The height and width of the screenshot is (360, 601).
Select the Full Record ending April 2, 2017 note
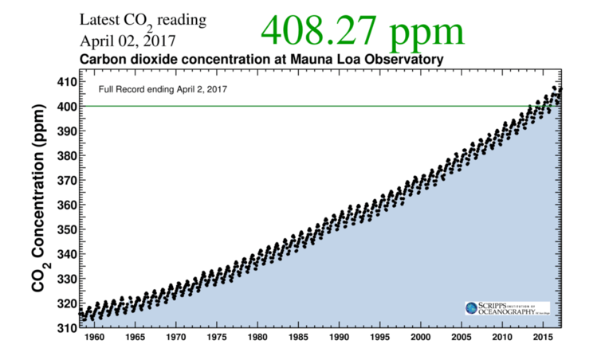pyautogui.click(x=163, y=89)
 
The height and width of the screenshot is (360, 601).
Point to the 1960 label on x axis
pyautogui.click(x=95, y=338)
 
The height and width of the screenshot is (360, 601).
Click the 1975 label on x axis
pyautogui.click(x=216, y=338)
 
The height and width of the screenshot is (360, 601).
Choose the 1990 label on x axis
pyautogui.click(x=340, y=338)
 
